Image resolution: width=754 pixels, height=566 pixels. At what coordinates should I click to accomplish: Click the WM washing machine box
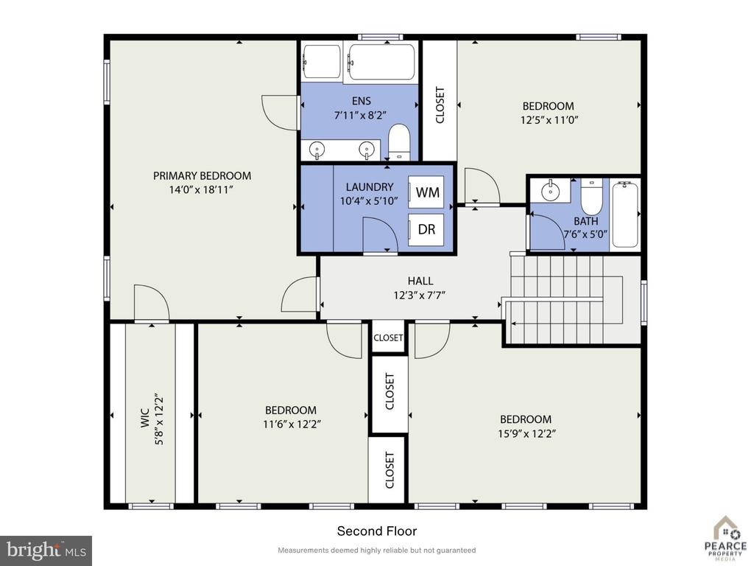click(x=426, y=192)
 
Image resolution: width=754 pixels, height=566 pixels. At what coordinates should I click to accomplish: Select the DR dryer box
click(x=426, y=229)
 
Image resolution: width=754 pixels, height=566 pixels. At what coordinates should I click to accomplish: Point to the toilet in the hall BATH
click(x=591, y=197)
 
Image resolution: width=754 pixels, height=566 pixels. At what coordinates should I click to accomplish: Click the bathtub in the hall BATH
click(x=625, y=214)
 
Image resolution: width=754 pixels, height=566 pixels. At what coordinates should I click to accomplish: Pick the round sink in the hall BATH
click(x=550, y=192)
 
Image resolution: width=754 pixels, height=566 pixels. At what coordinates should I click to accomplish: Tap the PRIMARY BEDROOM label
click(x=202, y=175)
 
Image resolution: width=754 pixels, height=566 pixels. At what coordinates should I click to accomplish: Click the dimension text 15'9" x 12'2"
click(x=526, y=433)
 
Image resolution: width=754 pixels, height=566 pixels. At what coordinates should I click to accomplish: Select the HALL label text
click(x=420, y=281)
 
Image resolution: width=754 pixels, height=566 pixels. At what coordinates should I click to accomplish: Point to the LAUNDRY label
click(x=370, y=186)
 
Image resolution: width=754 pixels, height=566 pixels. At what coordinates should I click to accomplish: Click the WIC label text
click(x=145, y=418)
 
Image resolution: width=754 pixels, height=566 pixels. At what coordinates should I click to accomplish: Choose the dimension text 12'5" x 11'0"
click(x=549, y=120)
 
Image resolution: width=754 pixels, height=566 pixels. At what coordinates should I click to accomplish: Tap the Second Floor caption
click(x=376, y=531)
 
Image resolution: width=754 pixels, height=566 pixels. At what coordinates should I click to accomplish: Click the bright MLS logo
click(x=46, y=550)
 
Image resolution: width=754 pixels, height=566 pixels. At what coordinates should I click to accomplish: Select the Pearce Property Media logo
click(x=725, y=539)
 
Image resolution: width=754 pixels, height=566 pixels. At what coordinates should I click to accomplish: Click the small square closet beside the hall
click(x=388, y=337)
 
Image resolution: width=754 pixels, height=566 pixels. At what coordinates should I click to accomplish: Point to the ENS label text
click(x=361, y=100)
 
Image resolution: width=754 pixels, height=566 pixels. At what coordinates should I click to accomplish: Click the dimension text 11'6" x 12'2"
click(x=292, y=424)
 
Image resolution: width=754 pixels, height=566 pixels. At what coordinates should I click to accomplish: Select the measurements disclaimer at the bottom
click(x=376, y=550)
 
